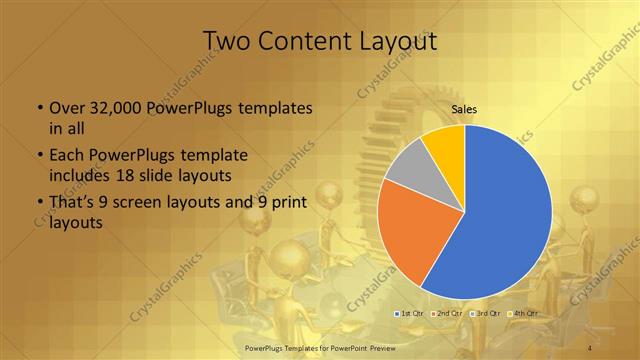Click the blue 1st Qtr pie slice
tap(505, 215)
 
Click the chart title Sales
tap(464, 109)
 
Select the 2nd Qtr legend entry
tap(448, 314)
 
